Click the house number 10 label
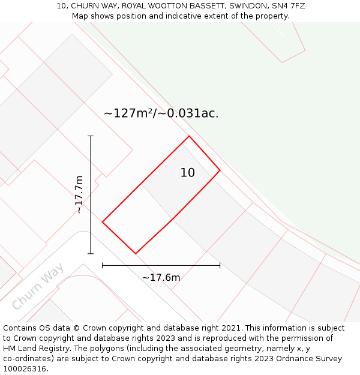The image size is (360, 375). pyautogui.click(x=188, y=173)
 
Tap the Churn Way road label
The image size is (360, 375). pyautogui.click(x=38, y=286)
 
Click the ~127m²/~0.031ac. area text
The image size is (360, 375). pyautogui.click(x=161, y=113)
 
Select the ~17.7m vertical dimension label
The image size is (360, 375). pyautogui.click(x=79, y=194)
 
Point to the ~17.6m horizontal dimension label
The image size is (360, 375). pyautogui.click(x=161, y=277)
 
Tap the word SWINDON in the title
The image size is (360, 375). pyautogui.click(x=240, y=6)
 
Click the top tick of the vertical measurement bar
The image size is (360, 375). pyautogui.click(x=91, y=136)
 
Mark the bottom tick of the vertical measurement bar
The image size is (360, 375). pyautogui.click(x=91, y=253)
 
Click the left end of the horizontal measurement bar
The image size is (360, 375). pyautogui.click(x=103, y=265)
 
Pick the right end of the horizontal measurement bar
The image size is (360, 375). pyautogui.click(x=220, y=265)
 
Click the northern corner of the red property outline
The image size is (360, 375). pyautogui.click(x=189, y=136)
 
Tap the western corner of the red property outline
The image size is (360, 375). pyautogui.click(x=103, y=222)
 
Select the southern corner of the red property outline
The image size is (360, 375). pyautogui.click(x=136, y=253)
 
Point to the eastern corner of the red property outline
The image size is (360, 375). pyautogui.click(x=220, y=170)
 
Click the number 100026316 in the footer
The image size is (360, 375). pyautogui.click(x=24, y=369)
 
